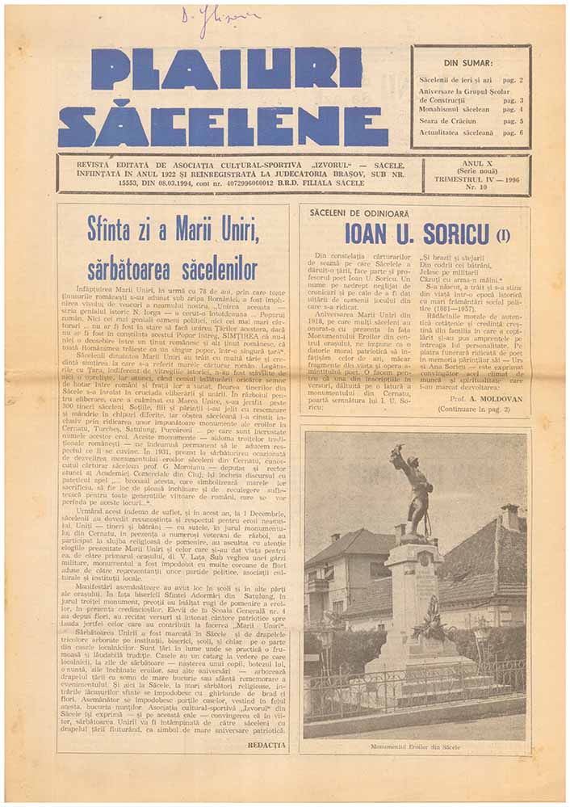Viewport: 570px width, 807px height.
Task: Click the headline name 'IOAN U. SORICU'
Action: (x=416, y=233)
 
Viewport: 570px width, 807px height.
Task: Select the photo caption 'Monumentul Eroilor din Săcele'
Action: (x=415, y=746)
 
